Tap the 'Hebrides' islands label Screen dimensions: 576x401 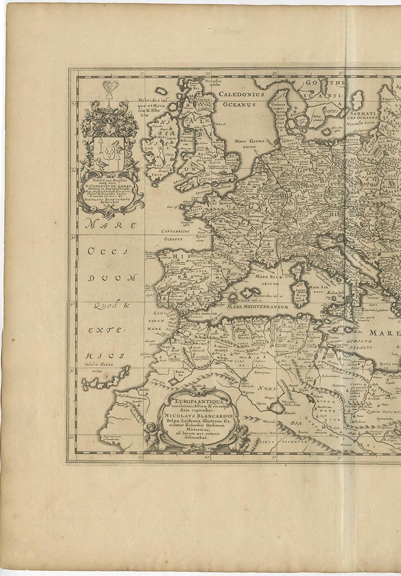coord(155,104)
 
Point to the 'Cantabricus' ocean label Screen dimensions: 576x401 coord(175,230)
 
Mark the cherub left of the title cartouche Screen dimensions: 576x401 coord(151,435)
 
